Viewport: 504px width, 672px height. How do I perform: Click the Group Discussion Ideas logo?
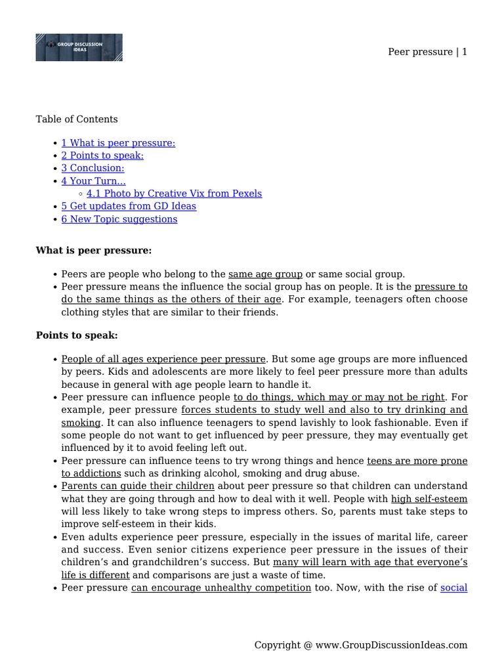[x=79, y=47]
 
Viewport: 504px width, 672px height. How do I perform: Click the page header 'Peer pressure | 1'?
[x=428, y=52]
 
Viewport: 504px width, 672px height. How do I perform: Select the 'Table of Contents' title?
[x=77, y=119]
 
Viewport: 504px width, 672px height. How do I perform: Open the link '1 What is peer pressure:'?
[x=118, y=143]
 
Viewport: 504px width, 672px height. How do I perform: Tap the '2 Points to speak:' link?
[x=102, y=156]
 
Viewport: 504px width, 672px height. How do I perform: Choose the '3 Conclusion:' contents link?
[x=93, y=168]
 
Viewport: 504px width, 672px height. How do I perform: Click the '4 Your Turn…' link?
[x=93, y=180]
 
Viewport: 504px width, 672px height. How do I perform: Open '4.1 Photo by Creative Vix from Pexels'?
[x=174, y=194]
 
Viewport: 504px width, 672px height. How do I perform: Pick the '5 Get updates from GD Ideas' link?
[x=129, y=206]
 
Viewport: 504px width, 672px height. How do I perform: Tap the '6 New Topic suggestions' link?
[x=119, y=219]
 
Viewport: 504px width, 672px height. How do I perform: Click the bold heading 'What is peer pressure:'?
[x=93, y=251]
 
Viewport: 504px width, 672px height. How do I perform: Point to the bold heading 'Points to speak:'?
[x=77, y=335]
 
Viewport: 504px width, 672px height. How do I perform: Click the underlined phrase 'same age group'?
[x=265, y=274]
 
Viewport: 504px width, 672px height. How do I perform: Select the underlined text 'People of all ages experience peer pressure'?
[x=163, y=359]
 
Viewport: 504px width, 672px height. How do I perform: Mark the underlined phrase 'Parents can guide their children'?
[x=138, y=486]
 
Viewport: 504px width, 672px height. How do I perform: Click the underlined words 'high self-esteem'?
[x=429, y=499]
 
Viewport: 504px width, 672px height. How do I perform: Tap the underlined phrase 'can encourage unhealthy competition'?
[x=221, y=587]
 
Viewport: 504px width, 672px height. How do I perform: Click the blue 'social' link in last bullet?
[x=454, y=587]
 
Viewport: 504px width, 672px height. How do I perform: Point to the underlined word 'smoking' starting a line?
[x=81, y=423]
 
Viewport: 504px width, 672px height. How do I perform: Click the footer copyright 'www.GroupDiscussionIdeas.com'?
[x=391, y=645]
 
